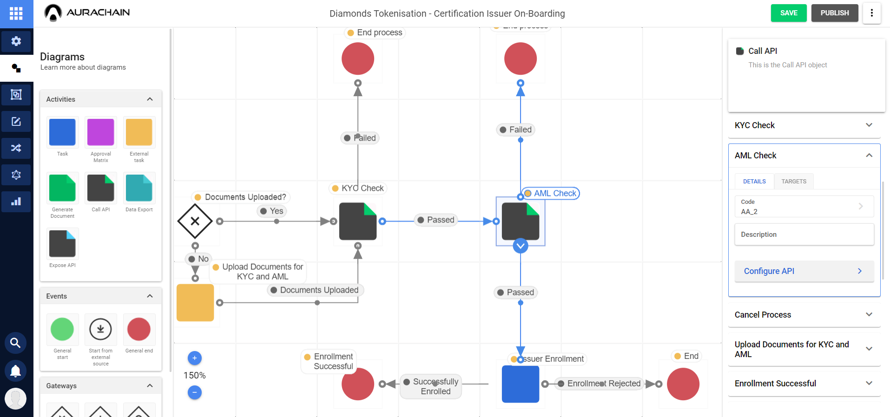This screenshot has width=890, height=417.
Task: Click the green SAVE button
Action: coord(788,13)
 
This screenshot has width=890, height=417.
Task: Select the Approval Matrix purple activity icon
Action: coord(100,132)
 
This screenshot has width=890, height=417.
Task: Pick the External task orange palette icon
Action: coord(139,132)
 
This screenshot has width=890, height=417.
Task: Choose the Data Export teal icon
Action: coord(139,188)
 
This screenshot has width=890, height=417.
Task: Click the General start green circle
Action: coord(62,329)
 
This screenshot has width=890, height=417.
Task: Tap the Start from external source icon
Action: coord(100,329)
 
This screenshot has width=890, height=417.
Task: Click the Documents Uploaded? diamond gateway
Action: coord(195,221)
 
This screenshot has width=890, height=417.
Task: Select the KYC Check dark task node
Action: coord(357,221)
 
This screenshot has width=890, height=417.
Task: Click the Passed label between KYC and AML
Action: coord(436,220)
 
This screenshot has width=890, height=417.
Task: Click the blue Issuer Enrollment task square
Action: coord(520,384)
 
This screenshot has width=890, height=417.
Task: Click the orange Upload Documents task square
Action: coord(195,303)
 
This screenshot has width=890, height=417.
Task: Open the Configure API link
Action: coord(804,271)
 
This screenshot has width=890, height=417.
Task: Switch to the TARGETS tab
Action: coord(793,182)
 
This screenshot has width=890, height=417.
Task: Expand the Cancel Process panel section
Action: coord(804,315)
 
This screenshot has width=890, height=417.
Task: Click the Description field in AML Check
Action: coord(804,235)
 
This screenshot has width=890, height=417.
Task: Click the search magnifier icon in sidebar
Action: coord(15,343)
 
